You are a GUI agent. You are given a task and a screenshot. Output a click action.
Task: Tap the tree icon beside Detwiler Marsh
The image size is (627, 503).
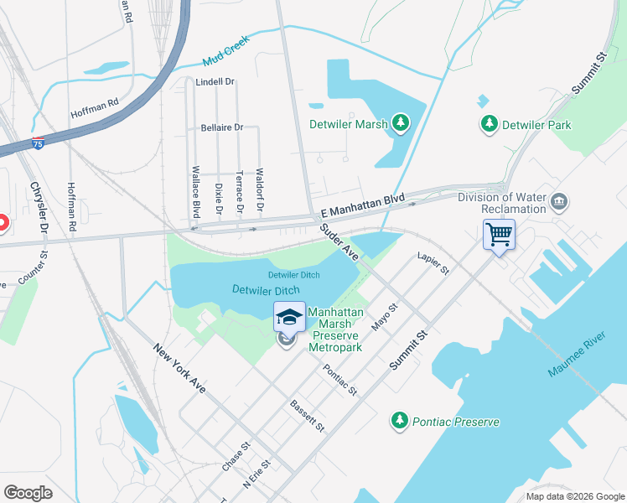click(402, 124)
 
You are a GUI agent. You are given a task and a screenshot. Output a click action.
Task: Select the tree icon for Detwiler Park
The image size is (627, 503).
click(489, 124)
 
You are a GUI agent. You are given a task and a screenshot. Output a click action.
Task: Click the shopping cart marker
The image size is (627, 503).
click(499, 234)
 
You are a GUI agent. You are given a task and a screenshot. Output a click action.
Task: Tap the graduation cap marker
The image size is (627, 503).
click(289, 316)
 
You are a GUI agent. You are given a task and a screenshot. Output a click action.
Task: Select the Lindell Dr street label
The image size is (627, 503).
click(215, 82)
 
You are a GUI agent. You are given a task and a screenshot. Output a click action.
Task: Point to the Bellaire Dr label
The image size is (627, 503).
click(221, 127)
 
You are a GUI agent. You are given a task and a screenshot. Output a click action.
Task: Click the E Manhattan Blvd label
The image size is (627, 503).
click(357, 205)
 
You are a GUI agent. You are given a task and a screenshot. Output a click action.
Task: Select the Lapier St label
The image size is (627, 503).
click(433, 263)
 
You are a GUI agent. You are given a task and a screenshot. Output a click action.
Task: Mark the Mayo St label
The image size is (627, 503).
click(386, 318)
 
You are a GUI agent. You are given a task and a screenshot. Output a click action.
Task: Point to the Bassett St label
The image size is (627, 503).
click(307, 416)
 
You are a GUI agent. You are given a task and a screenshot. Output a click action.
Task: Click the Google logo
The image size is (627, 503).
click(28, 492)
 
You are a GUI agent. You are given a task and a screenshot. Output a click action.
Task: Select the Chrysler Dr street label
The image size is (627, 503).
click(39, 207)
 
